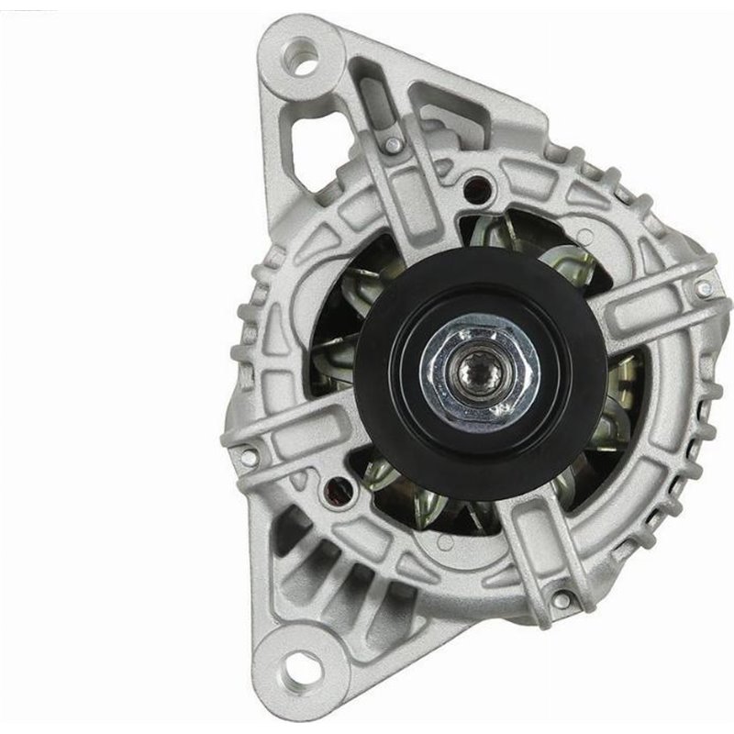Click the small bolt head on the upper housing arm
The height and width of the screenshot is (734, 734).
[x=393, y=144]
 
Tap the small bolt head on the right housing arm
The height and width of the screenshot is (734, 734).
[x=704, y=288]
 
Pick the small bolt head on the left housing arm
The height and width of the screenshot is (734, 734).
[x=248, y=454]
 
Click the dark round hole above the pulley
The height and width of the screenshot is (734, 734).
[x=475, y=191]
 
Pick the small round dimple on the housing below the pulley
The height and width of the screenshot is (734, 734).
[x=445, y=542]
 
